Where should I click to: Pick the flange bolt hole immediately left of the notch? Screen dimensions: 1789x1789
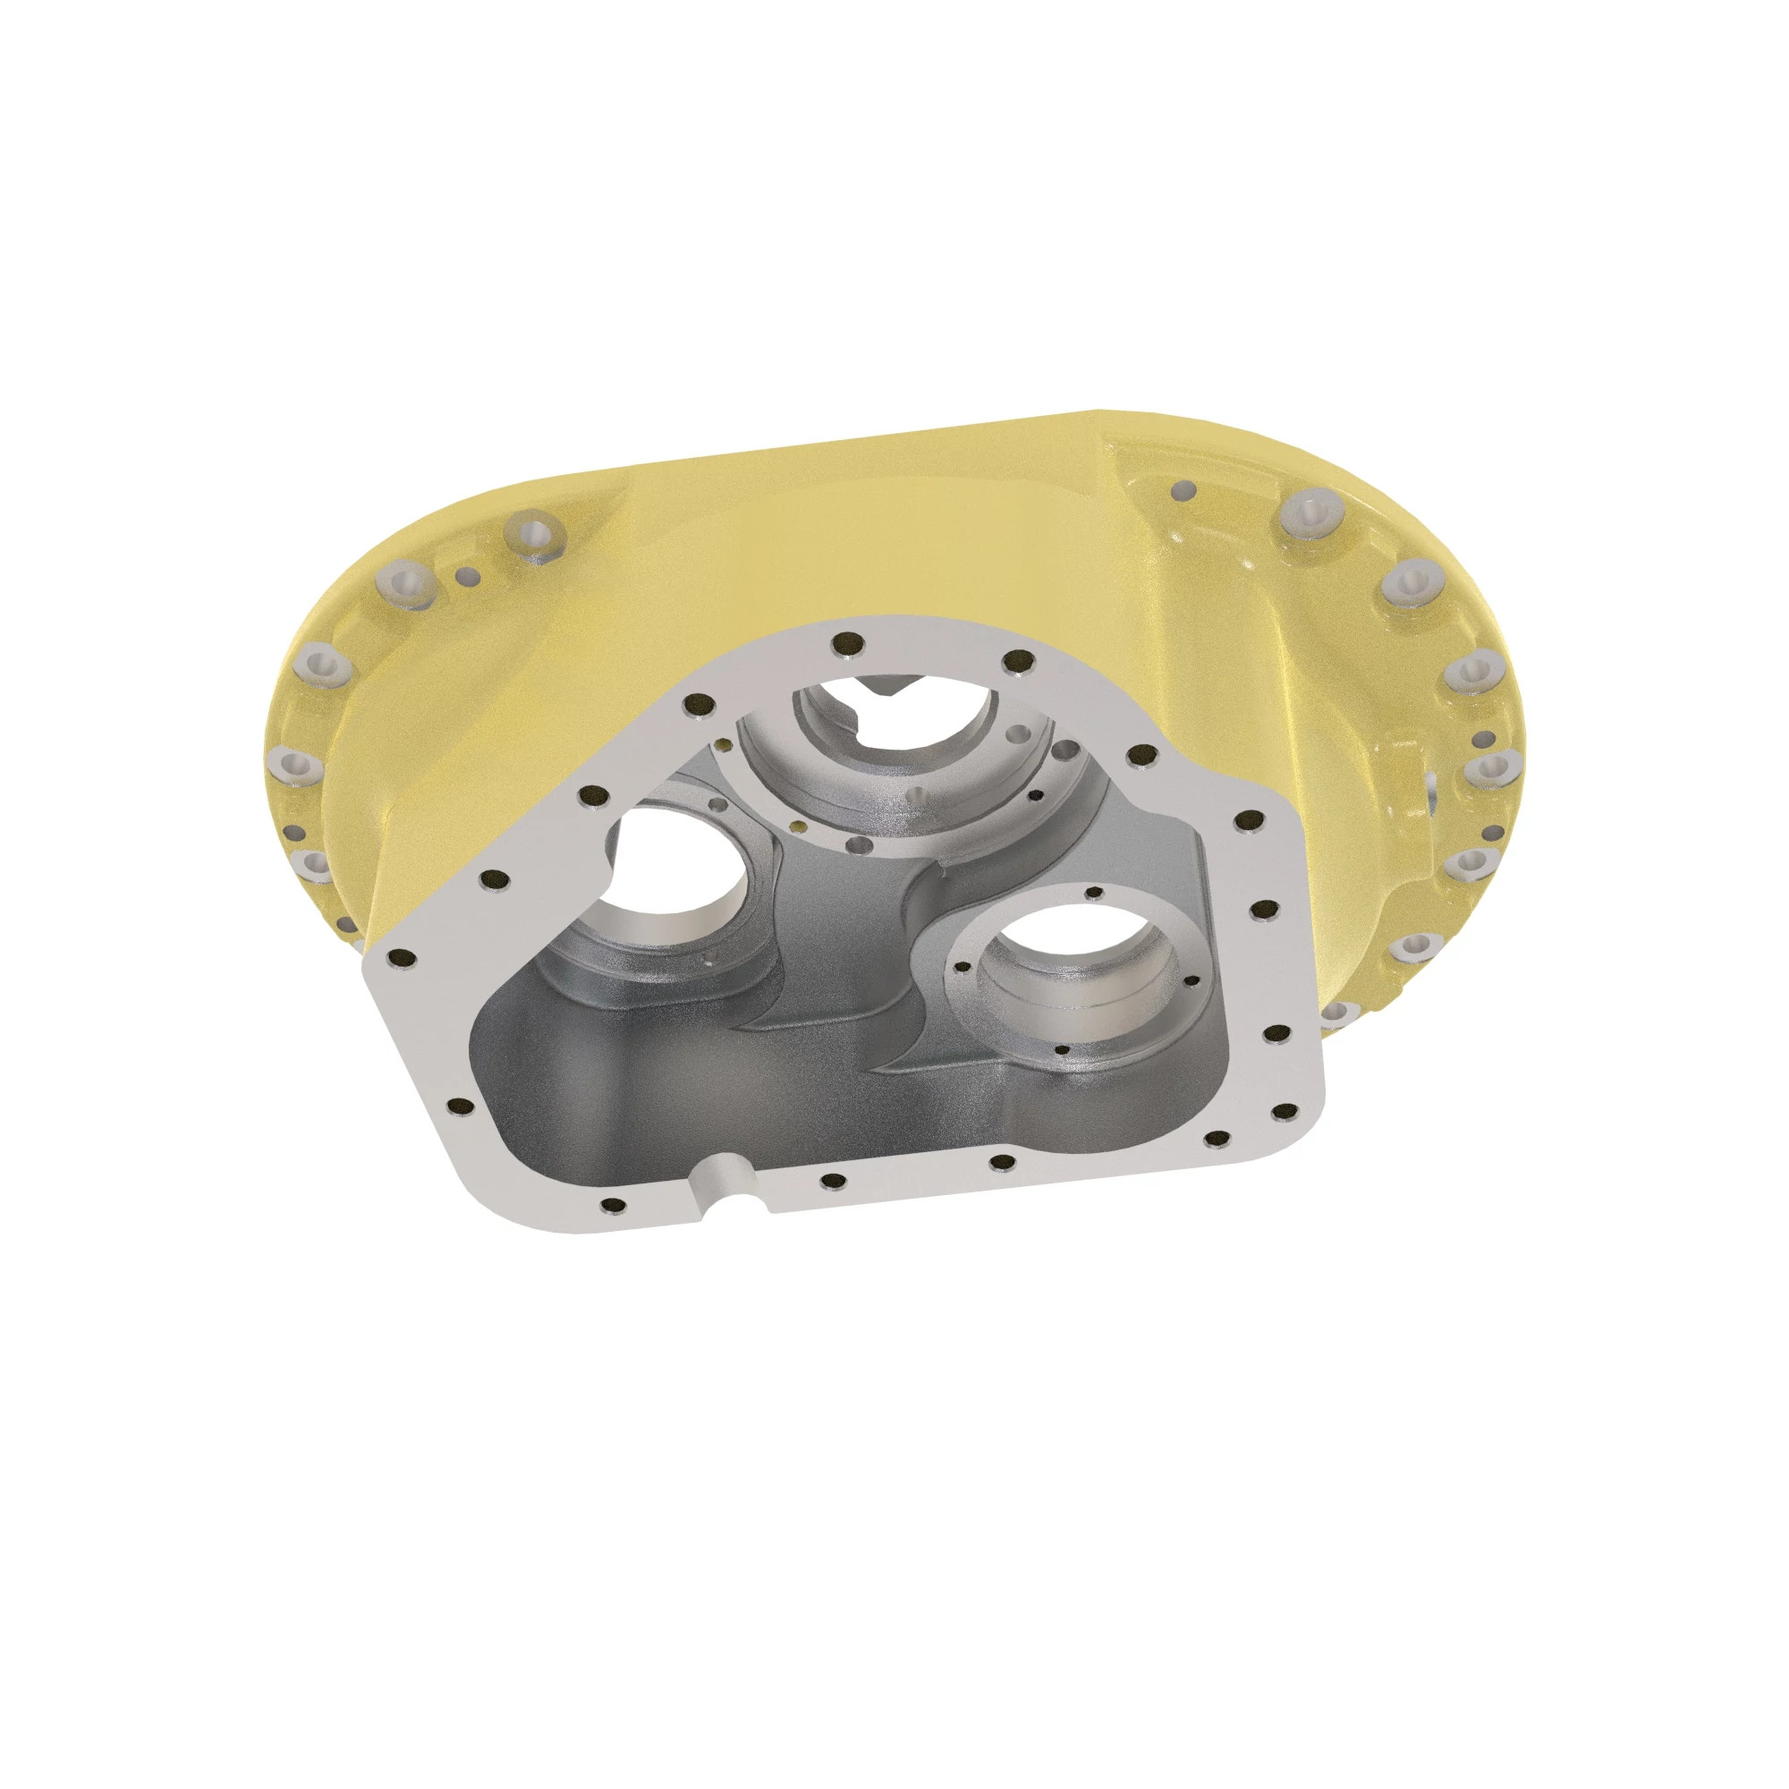(x=613, y=1204)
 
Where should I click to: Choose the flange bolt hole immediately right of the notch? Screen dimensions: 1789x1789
(x=834, y=1181)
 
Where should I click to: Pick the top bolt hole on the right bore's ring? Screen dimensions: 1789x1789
(x=1096, y=893)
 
